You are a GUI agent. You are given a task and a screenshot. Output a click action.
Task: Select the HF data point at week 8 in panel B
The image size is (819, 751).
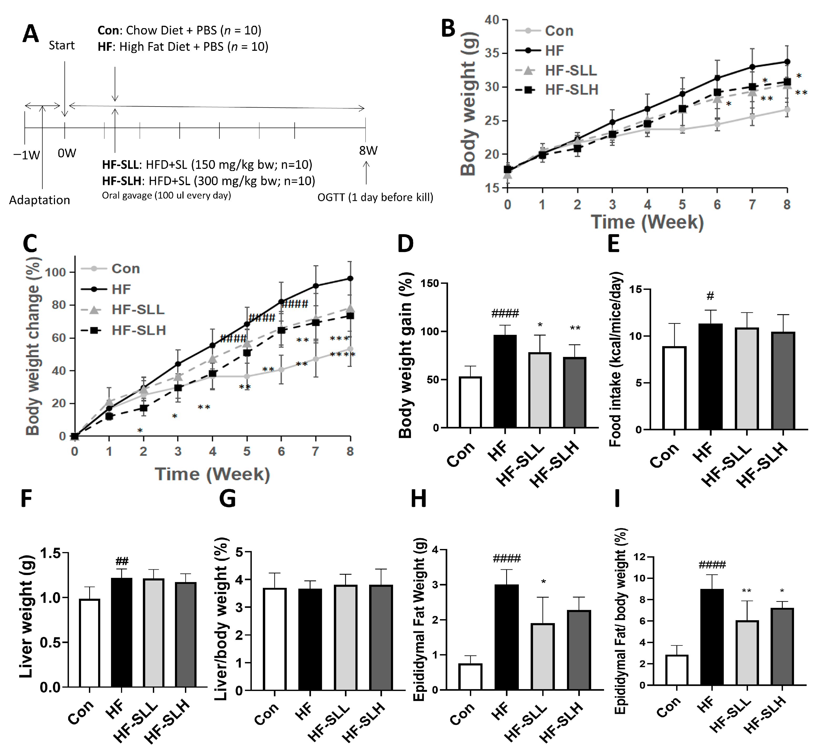point(787,62)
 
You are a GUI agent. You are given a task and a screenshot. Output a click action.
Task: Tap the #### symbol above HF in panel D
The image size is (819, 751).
point(505,313)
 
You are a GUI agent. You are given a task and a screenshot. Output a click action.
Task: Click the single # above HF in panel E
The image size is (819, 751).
point(710,296)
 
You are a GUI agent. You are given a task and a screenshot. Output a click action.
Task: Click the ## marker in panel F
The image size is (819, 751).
point(122,562)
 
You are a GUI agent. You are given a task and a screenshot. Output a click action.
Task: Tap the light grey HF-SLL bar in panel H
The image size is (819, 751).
point(542,656)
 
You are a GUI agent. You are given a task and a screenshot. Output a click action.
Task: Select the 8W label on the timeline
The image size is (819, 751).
point(368,151)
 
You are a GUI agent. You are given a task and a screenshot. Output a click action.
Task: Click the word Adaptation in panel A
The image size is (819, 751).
point(39,200)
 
